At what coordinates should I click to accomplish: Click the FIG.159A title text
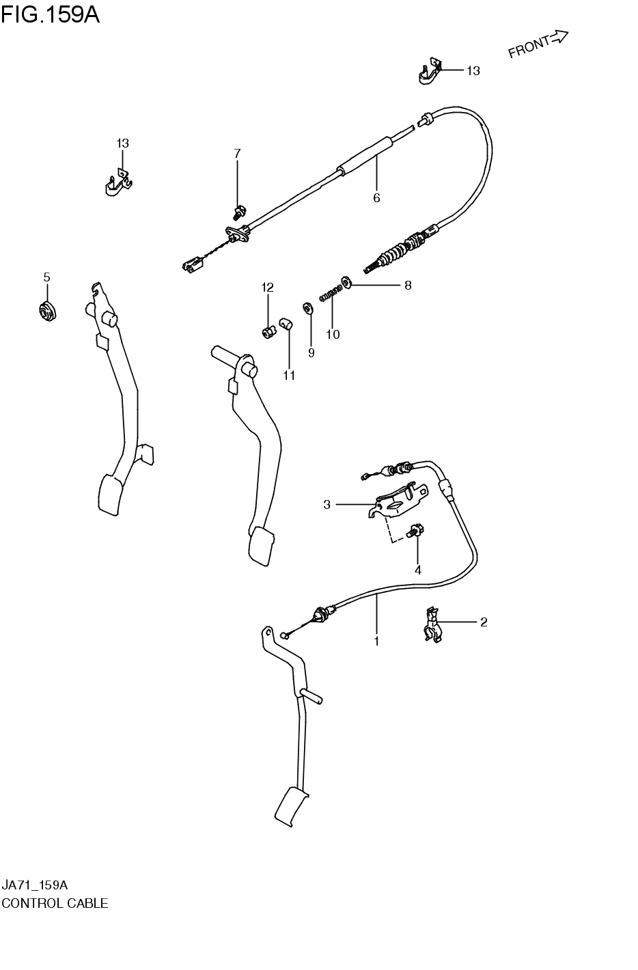(x=51, y=14)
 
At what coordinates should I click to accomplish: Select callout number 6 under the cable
(x=376, y=198)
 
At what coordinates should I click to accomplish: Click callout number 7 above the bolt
(x=237, y=154)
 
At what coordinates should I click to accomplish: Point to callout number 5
(x=46, y=277)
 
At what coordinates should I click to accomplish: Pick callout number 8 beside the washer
(x=408, y=286)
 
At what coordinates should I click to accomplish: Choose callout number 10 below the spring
(x=333, y=334)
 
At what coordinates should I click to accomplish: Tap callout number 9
(x=311, y=353)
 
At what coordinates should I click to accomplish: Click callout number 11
(x=289, y=375)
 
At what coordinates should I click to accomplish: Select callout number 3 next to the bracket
(x=327, y=504)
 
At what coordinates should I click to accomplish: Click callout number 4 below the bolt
(x=417, y=570)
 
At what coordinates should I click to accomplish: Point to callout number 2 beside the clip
(x=484, y=622)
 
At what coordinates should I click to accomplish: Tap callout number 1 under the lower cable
(x=376, y=641)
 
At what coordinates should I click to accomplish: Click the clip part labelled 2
(x=431, y=625)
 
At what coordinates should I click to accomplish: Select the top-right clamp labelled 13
(x=429, y=72)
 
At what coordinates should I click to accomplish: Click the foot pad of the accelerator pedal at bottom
(x=292, y=806)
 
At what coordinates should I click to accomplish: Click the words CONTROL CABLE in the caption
(x=55, y=903)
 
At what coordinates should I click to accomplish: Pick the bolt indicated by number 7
(x=239, y=211)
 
